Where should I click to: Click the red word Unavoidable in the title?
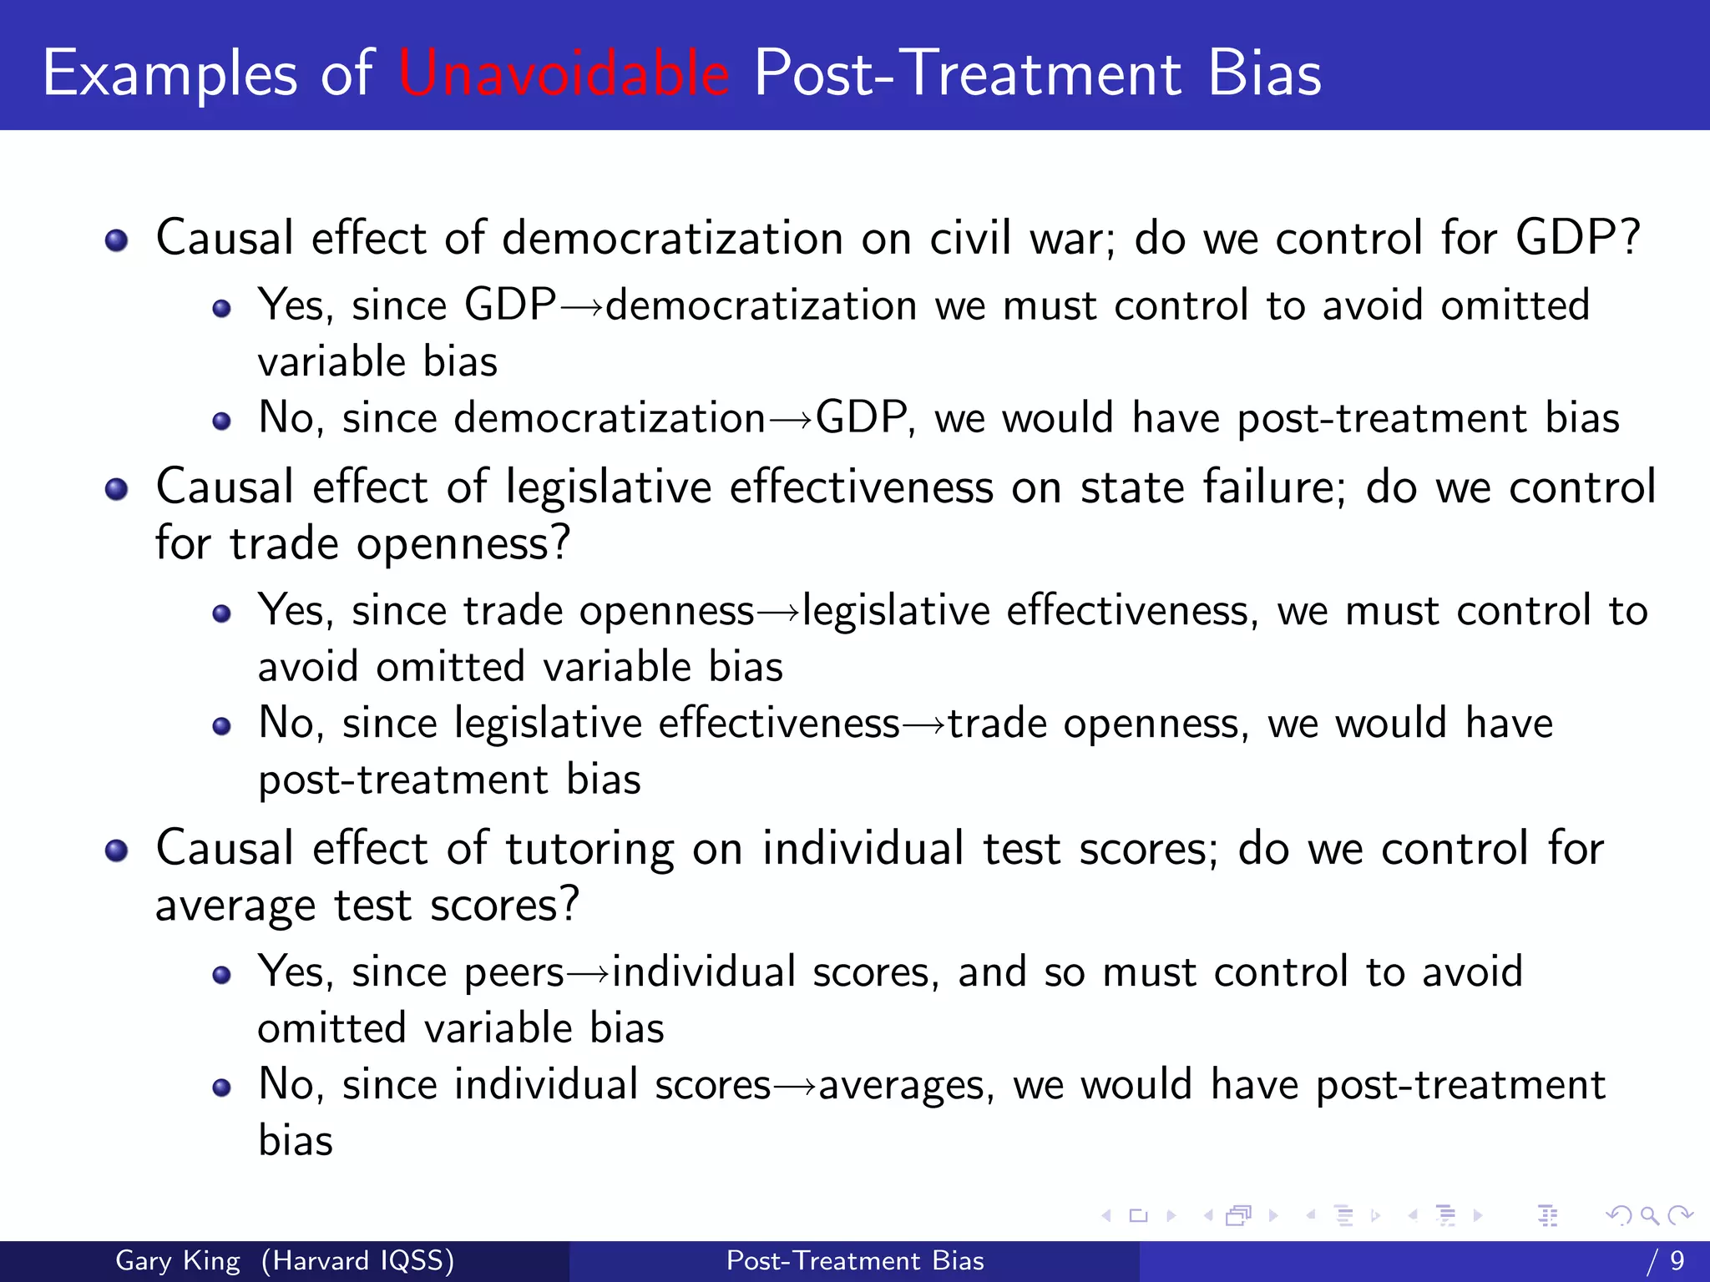click(x=564, y=73)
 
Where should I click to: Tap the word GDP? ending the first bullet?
click(x=1577, y=238)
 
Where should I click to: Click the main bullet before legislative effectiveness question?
click(x=117, y=489)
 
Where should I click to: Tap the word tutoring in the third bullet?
click(x=589, y=850)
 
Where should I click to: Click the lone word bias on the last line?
click(x=296, y=1141)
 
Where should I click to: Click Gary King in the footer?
click(x=178, y=1260)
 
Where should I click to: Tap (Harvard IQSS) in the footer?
click(x=357, y=1260)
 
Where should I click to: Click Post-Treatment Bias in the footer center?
click(x=855, y=1260)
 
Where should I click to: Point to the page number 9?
click(x=1677, y=1260)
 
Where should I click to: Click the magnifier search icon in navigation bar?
click(x=1649, y=1215)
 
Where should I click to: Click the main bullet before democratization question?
click(x=117, y=241)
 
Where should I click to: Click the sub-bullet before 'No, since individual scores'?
click(x=221, y=1088)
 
